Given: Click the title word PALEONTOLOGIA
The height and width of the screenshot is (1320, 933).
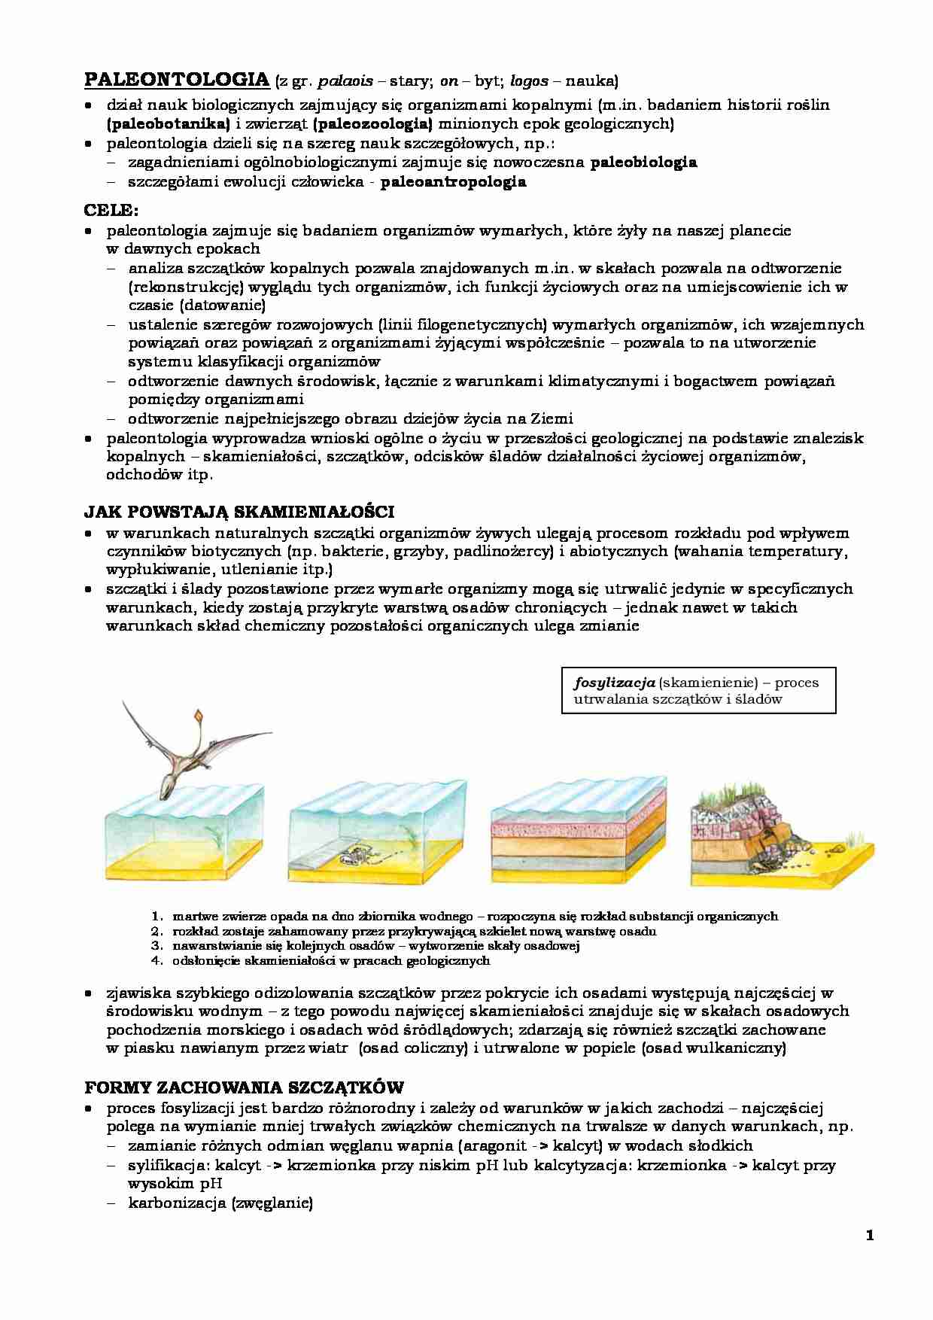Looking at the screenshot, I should (x=176, y=80).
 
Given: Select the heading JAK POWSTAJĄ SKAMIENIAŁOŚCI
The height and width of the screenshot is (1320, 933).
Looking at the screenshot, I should (x=239, y=512).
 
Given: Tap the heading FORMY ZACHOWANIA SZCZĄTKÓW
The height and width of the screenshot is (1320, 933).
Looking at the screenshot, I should (x=244, y=1087).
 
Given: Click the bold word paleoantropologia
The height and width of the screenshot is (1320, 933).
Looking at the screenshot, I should (x=453, y=181).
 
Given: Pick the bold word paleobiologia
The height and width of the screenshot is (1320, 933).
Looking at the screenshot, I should (x=644, y=162).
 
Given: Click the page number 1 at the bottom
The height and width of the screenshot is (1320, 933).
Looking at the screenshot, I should (x=870, y=1235).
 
